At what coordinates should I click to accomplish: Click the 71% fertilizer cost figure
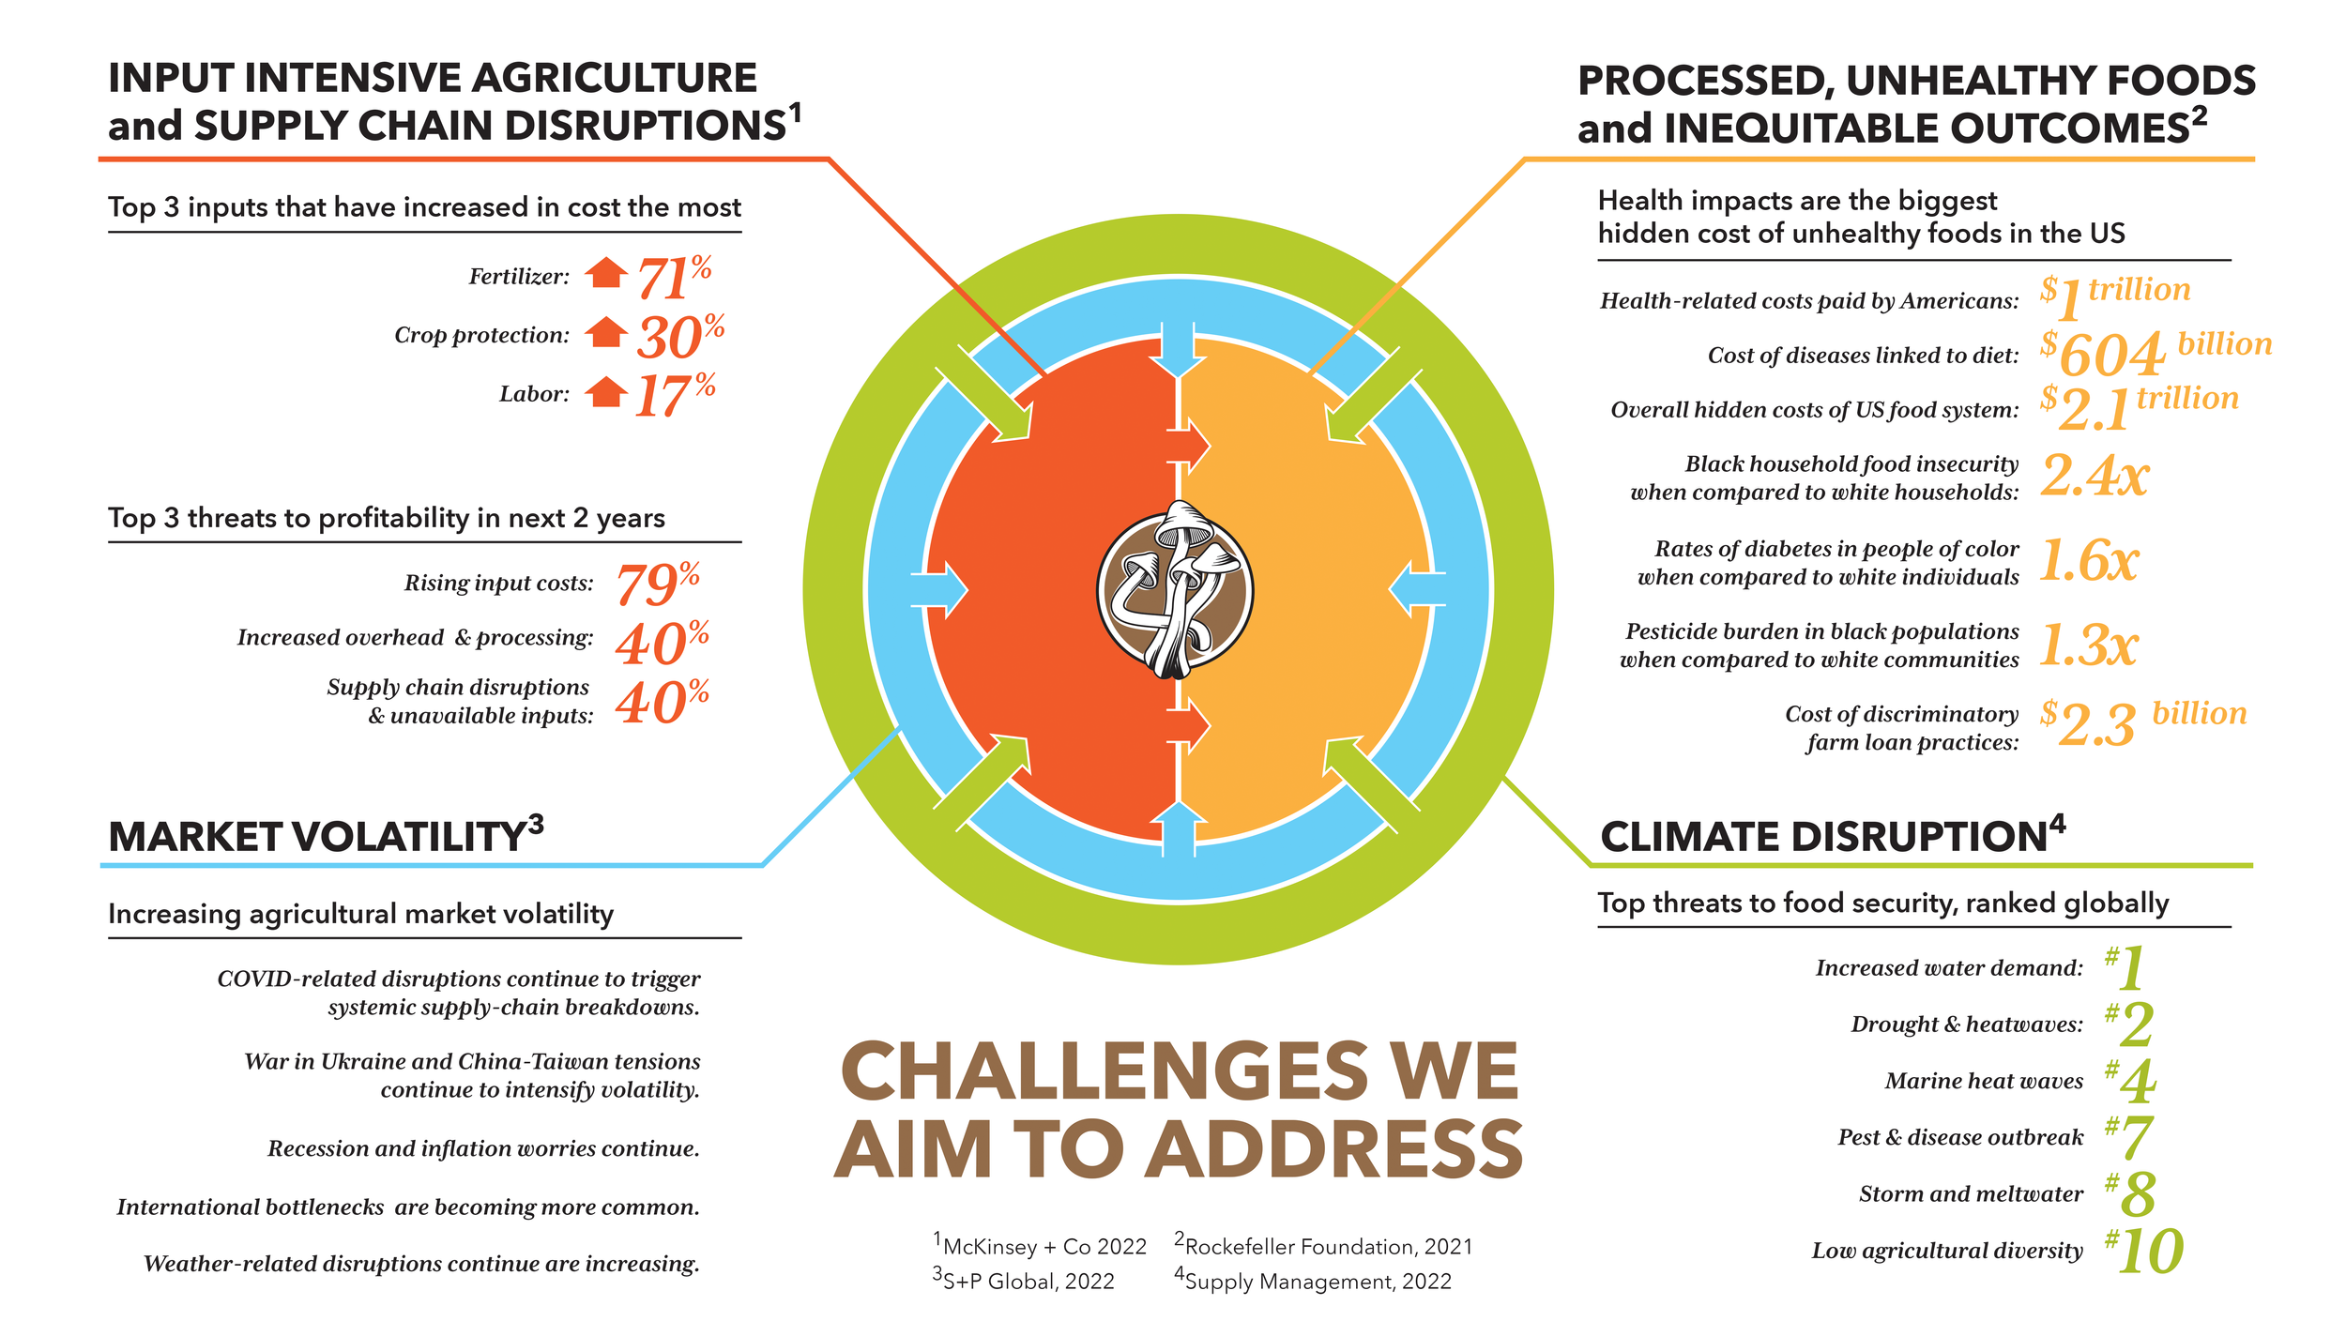(673, 278)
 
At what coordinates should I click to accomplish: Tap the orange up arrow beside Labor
(606, 392)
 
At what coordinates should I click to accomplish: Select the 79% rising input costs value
(657, 584)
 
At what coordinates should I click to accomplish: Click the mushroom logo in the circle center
(1175, 591)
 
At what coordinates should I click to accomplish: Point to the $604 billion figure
(2155, 353)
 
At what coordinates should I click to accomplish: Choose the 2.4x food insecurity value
(2095, 476)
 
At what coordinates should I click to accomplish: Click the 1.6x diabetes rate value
(2089, 561)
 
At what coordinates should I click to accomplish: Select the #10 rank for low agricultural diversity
(2144, 1251)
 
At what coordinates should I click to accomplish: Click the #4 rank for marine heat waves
(2131, 1081)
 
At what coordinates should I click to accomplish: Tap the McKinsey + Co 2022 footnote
(1040, 1246)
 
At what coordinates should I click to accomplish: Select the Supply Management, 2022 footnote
(1313, 1281)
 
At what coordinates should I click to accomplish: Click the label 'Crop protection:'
(481, 335)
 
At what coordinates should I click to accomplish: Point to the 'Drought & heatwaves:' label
(1966, 1025)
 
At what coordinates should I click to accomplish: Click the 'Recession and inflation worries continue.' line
(483, 1148)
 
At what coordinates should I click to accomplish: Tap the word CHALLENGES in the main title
(1104, 1071)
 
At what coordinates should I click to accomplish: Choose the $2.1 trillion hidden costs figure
(2139, 406)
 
